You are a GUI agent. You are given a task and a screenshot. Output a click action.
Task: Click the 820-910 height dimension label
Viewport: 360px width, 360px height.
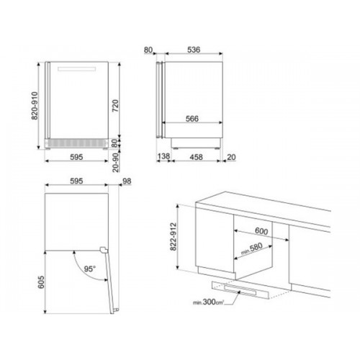[35, 106]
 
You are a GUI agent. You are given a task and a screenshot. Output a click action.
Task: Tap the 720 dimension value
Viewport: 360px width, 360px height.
[115, 106]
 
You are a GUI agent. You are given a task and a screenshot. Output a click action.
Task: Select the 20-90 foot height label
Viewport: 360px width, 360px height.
[116, 163]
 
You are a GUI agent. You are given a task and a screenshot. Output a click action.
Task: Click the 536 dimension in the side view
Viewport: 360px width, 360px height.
[194, 50]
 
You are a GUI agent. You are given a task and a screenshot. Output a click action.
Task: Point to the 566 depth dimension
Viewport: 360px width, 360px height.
[192, 119]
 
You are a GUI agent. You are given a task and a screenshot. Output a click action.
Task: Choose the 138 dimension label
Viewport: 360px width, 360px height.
[163, 156]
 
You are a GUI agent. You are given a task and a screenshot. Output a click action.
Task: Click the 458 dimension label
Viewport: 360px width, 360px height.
[196, 157]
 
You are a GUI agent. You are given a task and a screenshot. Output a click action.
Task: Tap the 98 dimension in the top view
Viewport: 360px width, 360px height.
[127, 181]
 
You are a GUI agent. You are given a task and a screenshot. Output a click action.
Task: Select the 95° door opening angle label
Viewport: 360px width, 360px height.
[90, 269]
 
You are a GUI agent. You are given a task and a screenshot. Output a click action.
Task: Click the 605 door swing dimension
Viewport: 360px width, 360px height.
[41, 282]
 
